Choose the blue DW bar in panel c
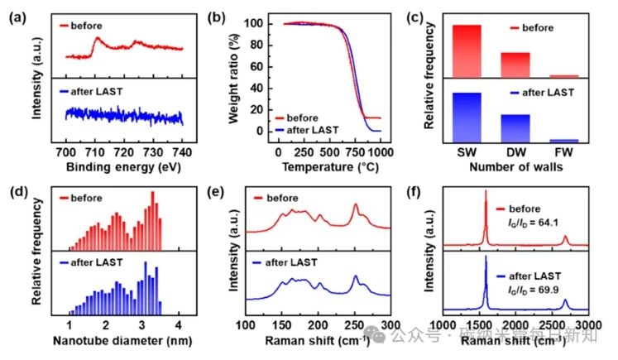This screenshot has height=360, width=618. pos(515,128)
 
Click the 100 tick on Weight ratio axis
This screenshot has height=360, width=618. pos(261,23)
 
